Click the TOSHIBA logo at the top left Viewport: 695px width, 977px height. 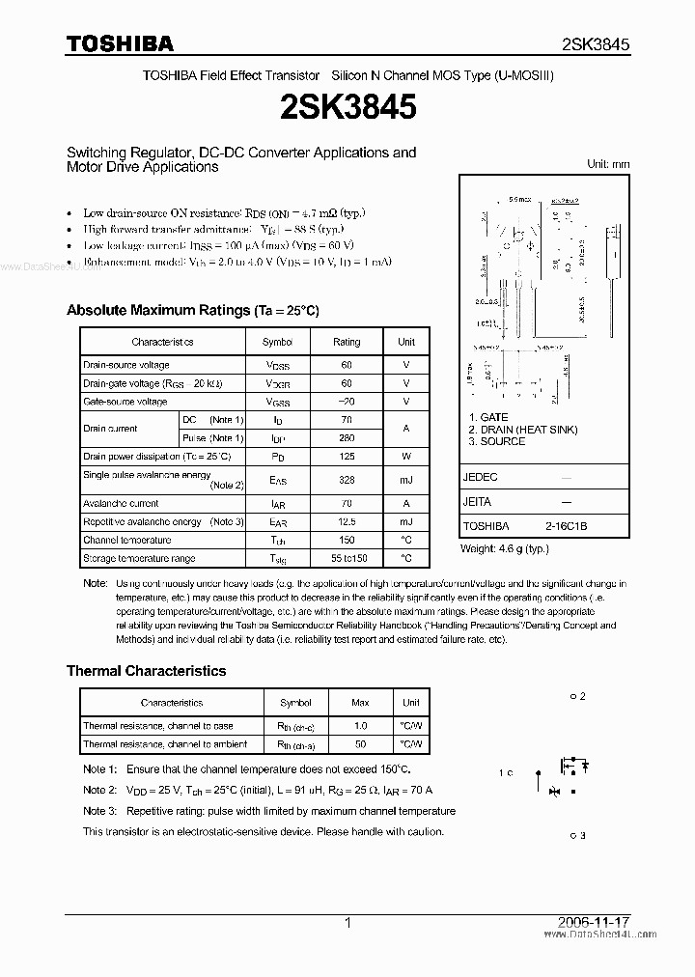click(120, 43)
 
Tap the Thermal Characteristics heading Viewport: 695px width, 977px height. click(146, 671)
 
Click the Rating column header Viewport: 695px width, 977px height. click(347, 342)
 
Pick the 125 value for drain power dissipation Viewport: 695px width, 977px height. click(347, 456)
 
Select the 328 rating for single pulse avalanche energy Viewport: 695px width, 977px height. click(347, 480)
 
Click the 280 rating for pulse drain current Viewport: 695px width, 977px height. click(347, 438)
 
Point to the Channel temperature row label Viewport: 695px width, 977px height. click(126, 541)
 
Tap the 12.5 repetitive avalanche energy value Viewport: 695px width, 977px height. click(347, 521)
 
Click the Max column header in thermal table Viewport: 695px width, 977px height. click(360, 703)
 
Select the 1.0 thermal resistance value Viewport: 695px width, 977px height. click(360, 726)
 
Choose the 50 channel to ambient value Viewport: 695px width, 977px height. click(360, 744)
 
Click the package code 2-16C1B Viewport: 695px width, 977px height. click(565, 526)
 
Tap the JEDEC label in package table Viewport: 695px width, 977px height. click(481, 477)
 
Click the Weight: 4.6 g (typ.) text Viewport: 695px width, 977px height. click(504, 548)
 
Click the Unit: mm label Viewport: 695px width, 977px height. click(608, 164)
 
